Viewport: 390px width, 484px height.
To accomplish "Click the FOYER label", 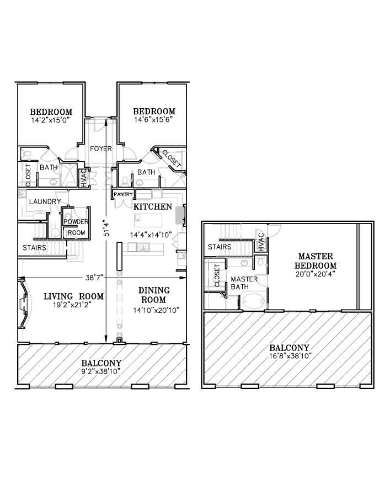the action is pyautogui.click(x=100, y=149).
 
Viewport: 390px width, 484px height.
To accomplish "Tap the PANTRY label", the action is pyautogui.click(x=123, y=194).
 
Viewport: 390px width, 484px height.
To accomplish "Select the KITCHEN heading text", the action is pyautogui.click(x=153, y=207).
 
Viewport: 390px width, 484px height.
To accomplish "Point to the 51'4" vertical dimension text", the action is pyautogui.click(x=106, y=228).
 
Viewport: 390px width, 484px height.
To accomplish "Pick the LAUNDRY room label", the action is pyautogui.click(x=45, y=201).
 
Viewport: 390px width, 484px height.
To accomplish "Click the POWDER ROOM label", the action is pyautogui.click(x=76, y=227).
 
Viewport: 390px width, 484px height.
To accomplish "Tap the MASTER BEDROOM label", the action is pyautogui.click(x=316, y=261).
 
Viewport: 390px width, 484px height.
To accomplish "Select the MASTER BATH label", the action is pyautogui.click(x=244, y=283).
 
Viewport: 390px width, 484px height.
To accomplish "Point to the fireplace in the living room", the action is pyautogui.click(x=24, y=303).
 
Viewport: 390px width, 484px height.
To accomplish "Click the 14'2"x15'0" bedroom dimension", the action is pyautogui.click(x=51, y=120).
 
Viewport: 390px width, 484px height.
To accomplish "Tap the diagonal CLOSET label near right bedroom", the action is pyautogui.click(x=171, y=159).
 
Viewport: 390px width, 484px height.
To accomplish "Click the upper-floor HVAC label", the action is pyautogui.click(x=261, y=242).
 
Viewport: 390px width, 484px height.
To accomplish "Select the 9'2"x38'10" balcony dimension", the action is pyautogui.click(x=101, y=371).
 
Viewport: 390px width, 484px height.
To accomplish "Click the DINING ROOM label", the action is pyautogui.click(x=154, y=295).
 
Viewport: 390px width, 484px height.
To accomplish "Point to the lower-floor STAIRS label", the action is pyautogui.click(x=35, y=248).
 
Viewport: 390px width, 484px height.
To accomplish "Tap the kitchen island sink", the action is pyautogui.click(x=142, y=247).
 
